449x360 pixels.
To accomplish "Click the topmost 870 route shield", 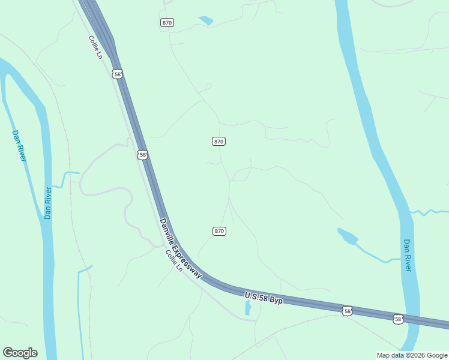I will (x=167, y=22).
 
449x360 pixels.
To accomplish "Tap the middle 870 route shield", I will (x=218, y=141).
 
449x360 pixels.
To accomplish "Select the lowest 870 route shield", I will (x=219, y=231).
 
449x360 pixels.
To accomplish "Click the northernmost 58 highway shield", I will (x=118, y=74).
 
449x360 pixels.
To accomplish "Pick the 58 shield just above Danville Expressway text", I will (x=142, y=155).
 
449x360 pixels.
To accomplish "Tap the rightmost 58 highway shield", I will (x=398, y=319).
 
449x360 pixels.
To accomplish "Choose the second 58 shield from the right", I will (x=346, y=310).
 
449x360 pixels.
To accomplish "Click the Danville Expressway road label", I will (x=180, y=248).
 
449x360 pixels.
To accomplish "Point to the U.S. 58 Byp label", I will (x=264, y=296).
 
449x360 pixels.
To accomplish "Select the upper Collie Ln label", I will (x=95, y=47).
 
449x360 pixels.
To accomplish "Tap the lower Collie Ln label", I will (x=174, y=260).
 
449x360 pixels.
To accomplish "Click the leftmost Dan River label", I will (x=19, y=145).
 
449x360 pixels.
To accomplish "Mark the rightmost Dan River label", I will (x=408, y=255).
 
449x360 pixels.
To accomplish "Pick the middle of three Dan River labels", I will (x=49, y=203).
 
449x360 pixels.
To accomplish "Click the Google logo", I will (x=20, y=353).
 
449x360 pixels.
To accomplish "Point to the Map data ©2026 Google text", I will (x=412, y=355).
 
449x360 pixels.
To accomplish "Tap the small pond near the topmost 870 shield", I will (x=206, y=20).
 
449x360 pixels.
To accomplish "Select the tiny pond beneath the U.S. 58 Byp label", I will (x=248, y=308).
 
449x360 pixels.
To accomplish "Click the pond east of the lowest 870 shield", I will (x=348, y=236).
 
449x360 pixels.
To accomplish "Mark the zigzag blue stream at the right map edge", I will (x=430, y=212).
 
